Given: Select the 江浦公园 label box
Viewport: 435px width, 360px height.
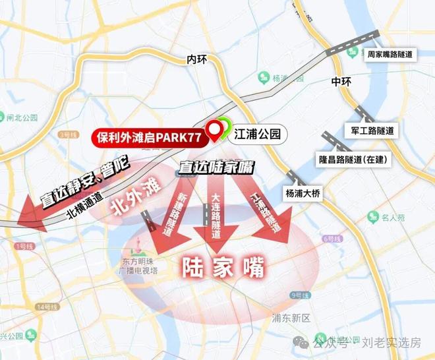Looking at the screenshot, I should click(258, 135).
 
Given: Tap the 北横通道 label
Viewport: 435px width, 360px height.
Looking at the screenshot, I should click(84, 205).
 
